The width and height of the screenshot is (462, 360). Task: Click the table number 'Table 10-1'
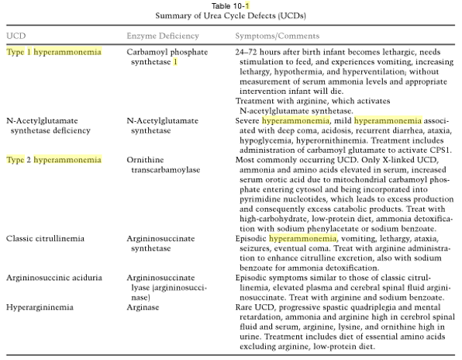point(231,5)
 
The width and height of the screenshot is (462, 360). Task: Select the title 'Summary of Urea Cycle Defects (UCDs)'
point(231,16)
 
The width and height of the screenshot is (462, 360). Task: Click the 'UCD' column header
point(15,36)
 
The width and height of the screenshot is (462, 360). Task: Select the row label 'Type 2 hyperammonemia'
point(53,159)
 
